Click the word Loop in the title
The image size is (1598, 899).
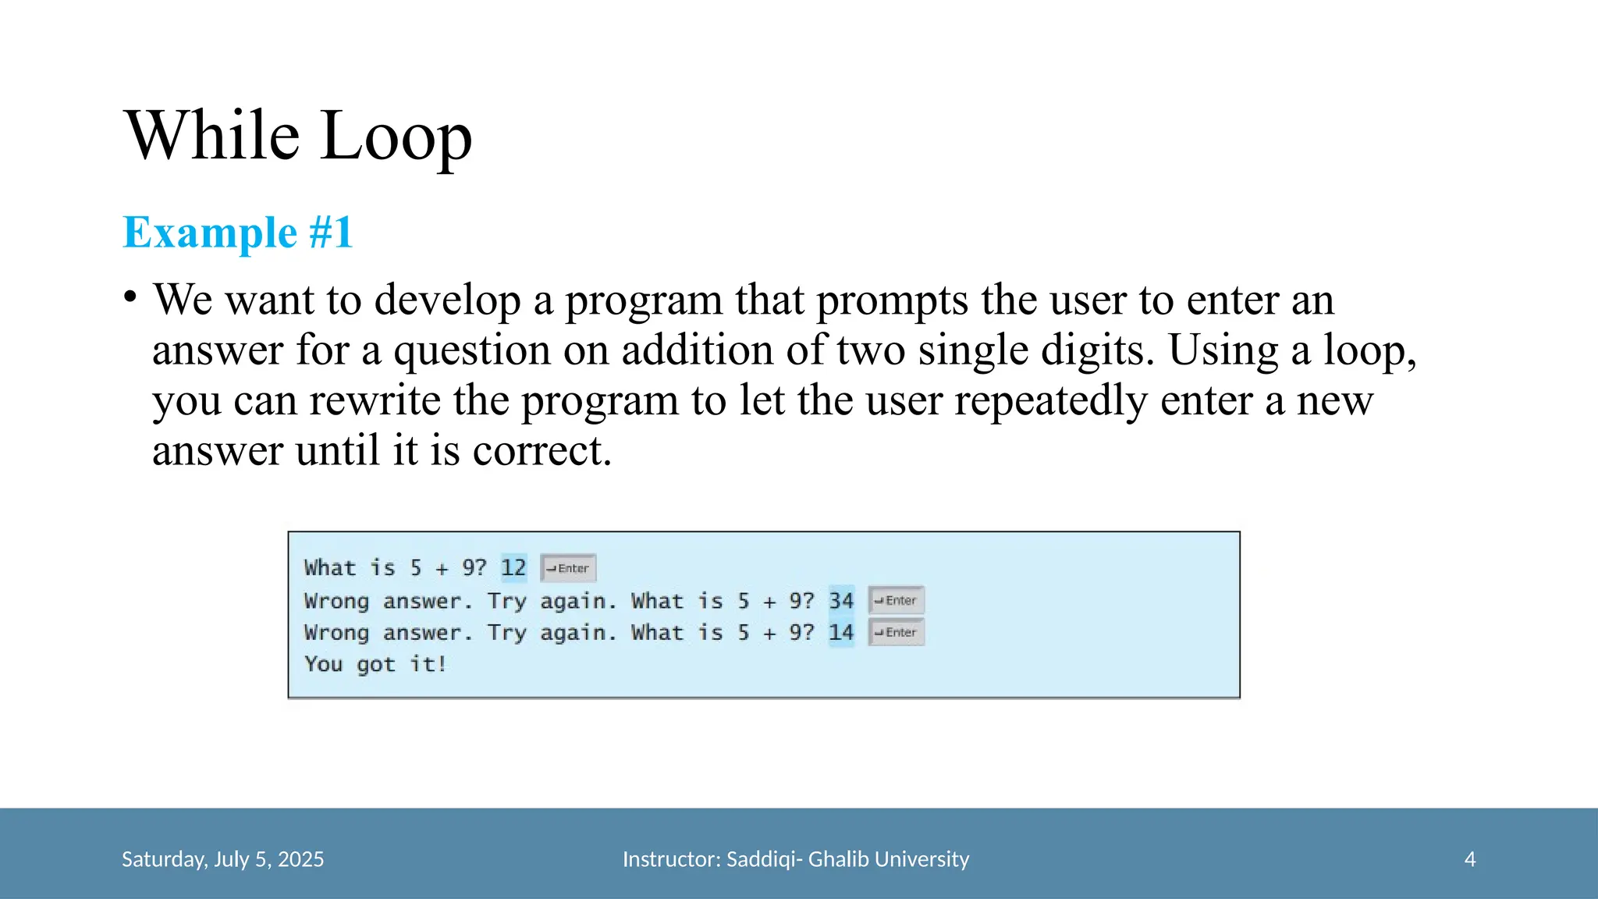(396, 137)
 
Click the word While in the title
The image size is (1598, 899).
(212, 135)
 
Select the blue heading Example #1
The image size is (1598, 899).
(238, 233)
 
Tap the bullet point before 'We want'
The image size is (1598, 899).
(130, 297)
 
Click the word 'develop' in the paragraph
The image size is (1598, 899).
(447, 300)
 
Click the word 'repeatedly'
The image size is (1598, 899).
(1050, 401)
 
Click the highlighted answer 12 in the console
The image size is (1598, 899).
(513, 567)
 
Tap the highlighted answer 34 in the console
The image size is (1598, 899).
(841, 600)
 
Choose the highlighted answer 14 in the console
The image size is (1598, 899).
(841, 632)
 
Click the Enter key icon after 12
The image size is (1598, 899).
(569, 568)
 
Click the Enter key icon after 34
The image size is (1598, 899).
(897, 600)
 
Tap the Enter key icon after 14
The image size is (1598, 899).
(897, 632)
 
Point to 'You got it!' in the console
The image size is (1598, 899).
(375, 664)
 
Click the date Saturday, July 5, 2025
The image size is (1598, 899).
(222, 859)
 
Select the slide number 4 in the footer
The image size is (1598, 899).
(1470, 859)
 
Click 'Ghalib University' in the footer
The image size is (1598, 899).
(888, 859)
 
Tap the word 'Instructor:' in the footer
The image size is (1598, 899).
(672, 859)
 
